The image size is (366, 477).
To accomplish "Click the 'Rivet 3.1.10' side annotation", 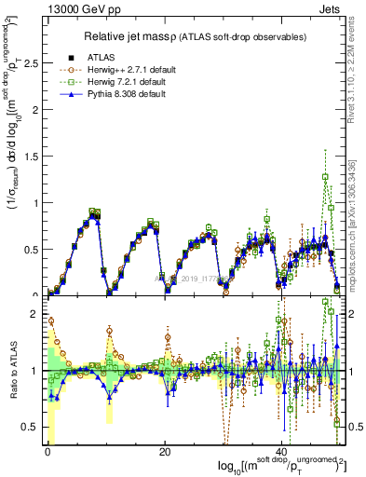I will pyautogui.click(x=357, y=75).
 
